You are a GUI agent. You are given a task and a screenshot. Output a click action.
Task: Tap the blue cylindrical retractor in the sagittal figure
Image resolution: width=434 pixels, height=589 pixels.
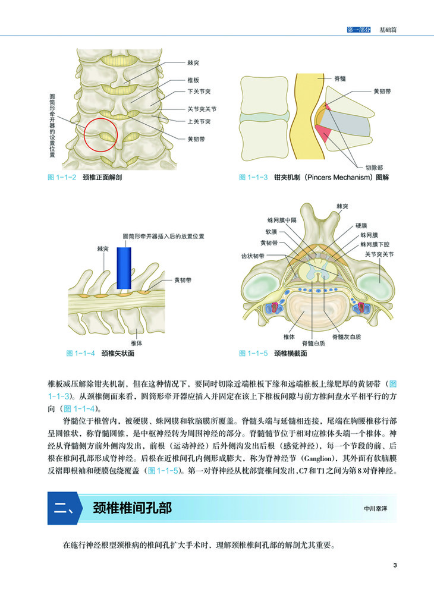[x=124, y=268]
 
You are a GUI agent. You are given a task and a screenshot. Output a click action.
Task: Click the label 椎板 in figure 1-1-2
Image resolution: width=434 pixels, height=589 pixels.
[x=193, y=79]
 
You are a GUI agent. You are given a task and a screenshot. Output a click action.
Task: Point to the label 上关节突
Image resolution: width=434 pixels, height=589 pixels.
[x=198, y=122]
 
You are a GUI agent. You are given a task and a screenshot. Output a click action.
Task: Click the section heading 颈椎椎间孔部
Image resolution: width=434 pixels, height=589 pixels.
[x=132, y=509]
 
